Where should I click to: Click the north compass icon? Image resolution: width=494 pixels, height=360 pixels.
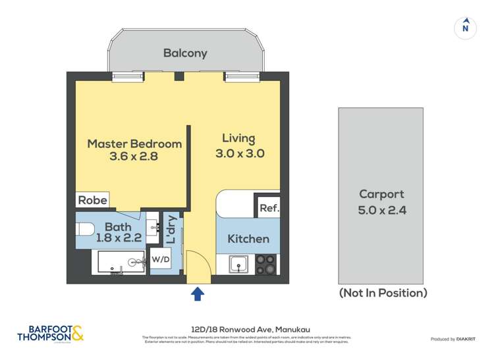point(465,27)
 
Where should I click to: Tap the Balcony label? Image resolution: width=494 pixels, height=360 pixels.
point(185,53)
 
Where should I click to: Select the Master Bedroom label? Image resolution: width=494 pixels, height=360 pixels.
point(134,143)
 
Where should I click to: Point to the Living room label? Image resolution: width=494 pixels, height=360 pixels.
point(238,138)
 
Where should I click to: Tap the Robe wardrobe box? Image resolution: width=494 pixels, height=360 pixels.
point(92,200)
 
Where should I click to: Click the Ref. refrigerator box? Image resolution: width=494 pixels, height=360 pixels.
point(268,207)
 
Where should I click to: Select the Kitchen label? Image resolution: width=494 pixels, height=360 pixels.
point(248,238)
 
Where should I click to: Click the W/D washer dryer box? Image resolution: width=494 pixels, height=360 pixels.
point(161,259)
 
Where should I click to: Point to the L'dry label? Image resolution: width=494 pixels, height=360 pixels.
point(170,229)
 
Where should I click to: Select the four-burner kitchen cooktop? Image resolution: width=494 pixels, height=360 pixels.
point(266,264)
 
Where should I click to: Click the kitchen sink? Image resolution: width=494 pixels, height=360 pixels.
point(238,265)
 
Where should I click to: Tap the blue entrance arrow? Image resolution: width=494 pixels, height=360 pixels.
point(197,294)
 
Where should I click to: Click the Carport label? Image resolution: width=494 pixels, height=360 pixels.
point(381,194)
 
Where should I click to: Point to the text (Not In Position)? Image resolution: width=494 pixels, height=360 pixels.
point(383,293)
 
